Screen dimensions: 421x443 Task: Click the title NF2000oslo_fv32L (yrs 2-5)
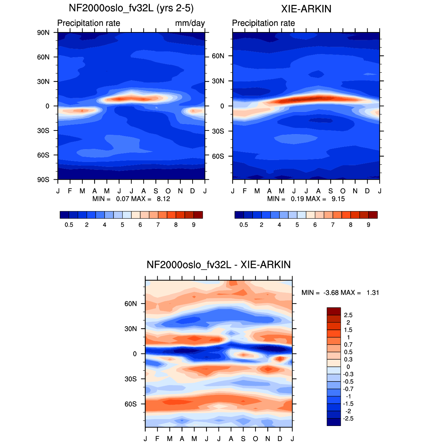[x=131, y=8]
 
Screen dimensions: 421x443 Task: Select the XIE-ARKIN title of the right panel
[x=306, y=9]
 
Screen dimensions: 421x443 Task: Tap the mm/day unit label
[x=190, y=23]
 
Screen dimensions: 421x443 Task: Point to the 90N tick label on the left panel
[x=43, y=33]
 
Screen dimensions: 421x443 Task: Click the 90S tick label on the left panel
[x=43, y=180]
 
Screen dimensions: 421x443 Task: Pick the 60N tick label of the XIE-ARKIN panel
[x=218, y=56]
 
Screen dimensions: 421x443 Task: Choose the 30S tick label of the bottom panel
[x=130, y=379]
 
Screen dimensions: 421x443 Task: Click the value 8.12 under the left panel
[x=163, y=199]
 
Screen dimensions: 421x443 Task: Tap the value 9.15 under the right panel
[x=338, y=199]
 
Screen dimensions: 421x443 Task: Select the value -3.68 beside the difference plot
[x=331, y=292]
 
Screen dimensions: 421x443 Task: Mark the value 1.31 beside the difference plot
[x=373, y=292]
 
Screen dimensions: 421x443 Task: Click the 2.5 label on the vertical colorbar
[x=348, y=315]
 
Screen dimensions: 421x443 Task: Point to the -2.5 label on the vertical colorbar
[x=348, y=418]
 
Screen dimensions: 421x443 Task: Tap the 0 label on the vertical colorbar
[x=348, y=367]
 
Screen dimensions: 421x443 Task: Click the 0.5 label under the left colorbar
[x=69, y=225]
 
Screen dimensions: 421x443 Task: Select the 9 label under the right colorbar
[x=368, y=225]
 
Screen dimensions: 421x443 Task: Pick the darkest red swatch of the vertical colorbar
[x=334, y=311]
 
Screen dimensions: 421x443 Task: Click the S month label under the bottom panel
[x=243, y=438]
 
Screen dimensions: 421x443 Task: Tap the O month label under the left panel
[x=168, y=191]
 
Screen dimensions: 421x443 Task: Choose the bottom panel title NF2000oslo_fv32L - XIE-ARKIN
[x=219, y=265]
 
